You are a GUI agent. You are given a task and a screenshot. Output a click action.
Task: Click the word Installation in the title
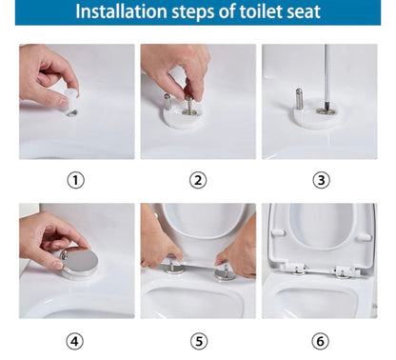(x=121, y=11)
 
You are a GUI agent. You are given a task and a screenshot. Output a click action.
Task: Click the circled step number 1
(x=76, y=180)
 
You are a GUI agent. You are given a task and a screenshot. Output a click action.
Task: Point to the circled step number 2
(x=198, y=180)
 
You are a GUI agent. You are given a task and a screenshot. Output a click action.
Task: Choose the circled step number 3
(x=321, y=180)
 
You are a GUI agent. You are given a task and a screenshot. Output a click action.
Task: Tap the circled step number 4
(x=74, y=342)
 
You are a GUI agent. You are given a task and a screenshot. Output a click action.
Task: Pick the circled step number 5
(x=199, y=342)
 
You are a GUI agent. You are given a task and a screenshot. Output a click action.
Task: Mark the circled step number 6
(x=320, y=342)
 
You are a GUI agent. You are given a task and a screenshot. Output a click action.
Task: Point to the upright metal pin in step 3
(x=299, y=99)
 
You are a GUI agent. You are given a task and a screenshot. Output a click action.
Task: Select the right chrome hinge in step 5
(x=225, y=273)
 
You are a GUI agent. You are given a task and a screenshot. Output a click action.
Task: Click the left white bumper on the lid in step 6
(x=278, y=233)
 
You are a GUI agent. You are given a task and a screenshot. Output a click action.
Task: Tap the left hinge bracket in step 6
(x=296, y=270)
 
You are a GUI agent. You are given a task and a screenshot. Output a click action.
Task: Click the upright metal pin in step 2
(x=168, y=101)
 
